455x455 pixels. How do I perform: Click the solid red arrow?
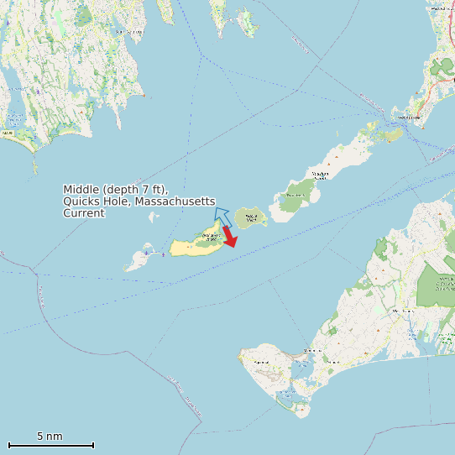click(x=229, y=237)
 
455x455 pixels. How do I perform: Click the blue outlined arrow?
click(x=222, y=216)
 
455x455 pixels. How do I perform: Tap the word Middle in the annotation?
click(x=82, y=190)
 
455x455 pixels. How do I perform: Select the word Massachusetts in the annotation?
click(x=168, y=201)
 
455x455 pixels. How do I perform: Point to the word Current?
click(x=84, y=213)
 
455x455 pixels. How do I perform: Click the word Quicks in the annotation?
click(x=81, y=201)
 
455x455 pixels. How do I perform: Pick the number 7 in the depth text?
click(x=145, y=190)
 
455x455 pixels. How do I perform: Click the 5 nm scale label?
click(x=50, y=437)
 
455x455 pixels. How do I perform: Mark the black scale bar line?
click(x=50, y=445)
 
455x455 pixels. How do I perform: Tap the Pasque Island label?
click(x=248, y=219)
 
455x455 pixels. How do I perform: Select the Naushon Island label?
click(x=320, y=175)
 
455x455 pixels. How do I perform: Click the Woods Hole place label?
click(x=407, y=118)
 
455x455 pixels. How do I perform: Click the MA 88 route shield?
click(x=8, y=133)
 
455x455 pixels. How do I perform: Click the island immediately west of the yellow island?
click(x=137, y=261)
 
